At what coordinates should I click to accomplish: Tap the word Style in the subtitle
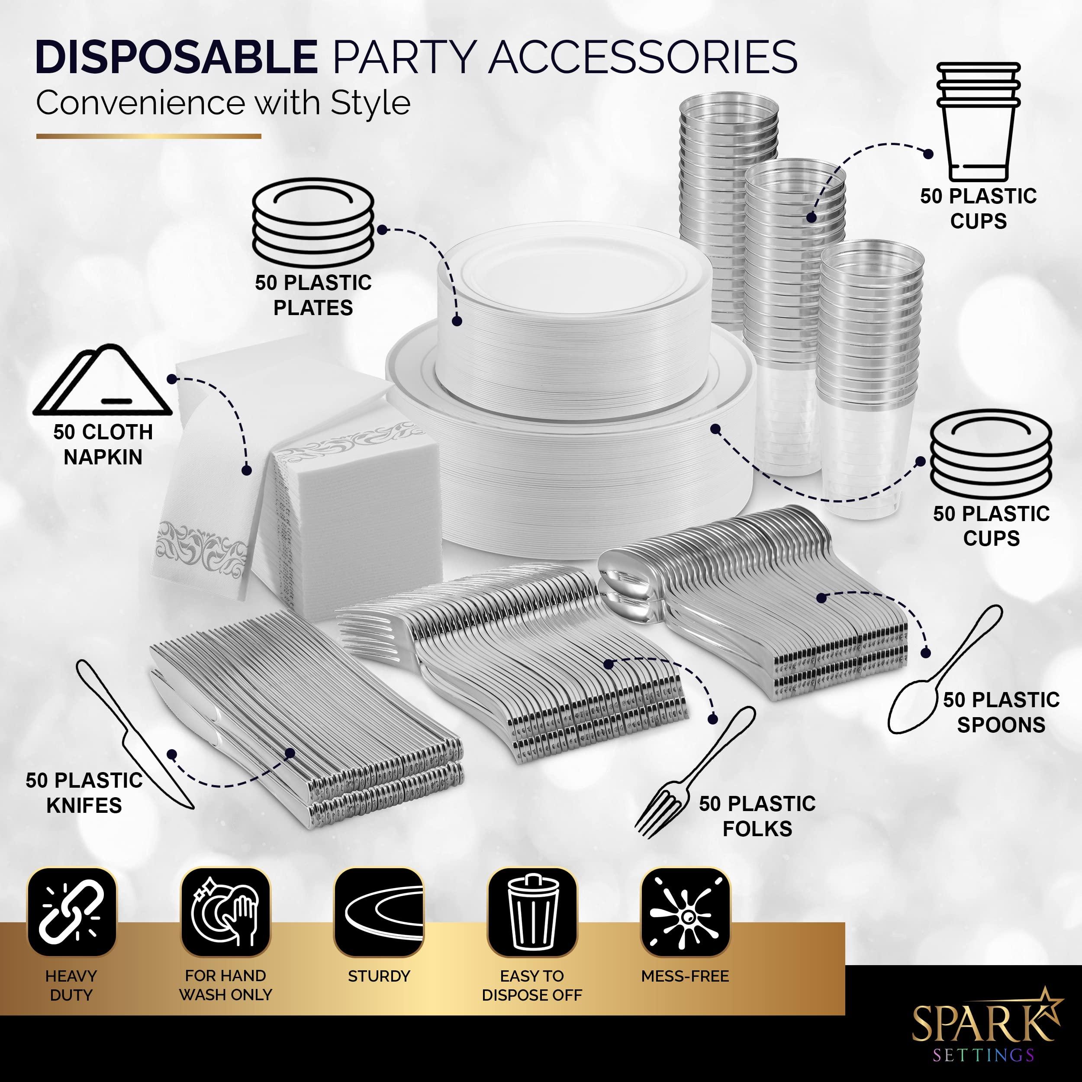coord(370,103)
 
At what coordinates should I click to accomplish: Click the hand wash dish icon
coord(225,912)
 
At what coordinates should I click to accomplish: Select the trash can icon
coord(532,912)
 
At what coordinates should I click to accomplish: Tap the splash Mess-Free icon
coord(686,912)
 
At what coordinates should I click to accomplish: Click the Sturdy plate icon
coord(379,912)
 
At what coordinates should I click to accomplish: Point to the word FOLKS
coord(757,828)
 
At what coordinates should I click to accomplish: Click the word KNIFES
coord(84,805)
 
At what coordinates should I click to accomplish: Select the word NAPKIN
coord(103,457)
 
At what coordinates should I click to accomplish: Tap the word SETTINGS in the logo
coord(983,1056)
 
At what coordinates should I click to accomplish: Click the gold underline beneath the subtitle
coord(148,136)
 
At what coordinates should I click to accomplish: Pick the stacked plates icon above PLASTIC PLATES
coord(313,222)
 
